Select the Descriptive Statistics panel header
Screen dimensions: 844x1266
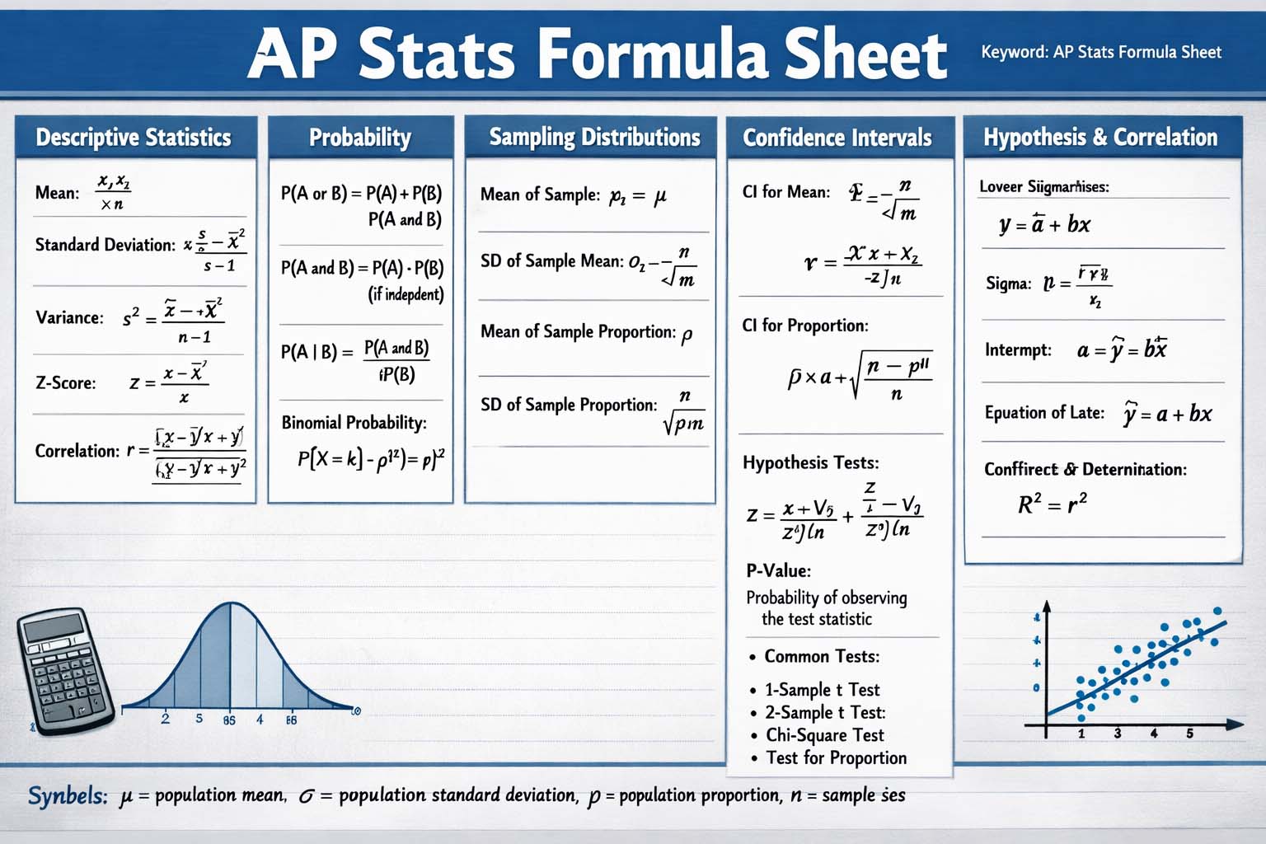tap(134, 137)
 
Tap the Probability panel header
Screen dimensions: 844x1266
tap(360, 137)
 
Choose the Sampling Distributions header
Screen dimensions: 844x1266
tap(594, 137)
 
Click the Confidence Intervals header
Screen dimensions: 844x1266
tap(837, 137)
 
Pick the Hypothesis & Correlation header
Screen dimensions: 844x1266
tap(1100, 137)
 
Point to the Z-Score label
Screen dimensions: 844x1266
tap(65, 382)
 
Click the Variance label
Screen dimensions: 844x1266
tap(69, 317)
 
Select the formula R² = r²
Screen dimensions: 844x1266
tap(1053, 503)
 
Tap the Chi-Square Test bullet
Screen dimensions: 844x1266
tap(824, 735)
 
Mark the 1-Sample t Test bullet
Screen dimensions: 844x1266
tap(822, 690)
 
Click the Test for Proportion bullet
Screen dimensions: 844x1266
tap(836, 758)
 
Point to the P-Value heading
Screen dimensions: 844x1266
tap(778, 570)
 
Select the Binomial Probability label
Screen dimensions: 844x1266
tap(354, 423)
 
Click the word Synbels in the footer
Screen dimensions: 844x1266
tap(68, 796)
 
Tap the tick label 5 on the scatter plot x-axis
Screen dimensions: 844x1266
tap(1189, 733)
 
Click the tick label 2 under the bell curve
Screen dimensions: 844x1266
tap(166, 719)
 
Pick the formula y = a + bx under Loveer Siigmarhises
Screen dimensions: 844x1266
tap(1044, 224)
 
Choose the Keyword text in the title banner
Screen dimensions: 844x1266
tap(1100, 52)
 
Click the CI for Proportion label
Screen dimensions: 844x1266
tap(804, 326)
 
